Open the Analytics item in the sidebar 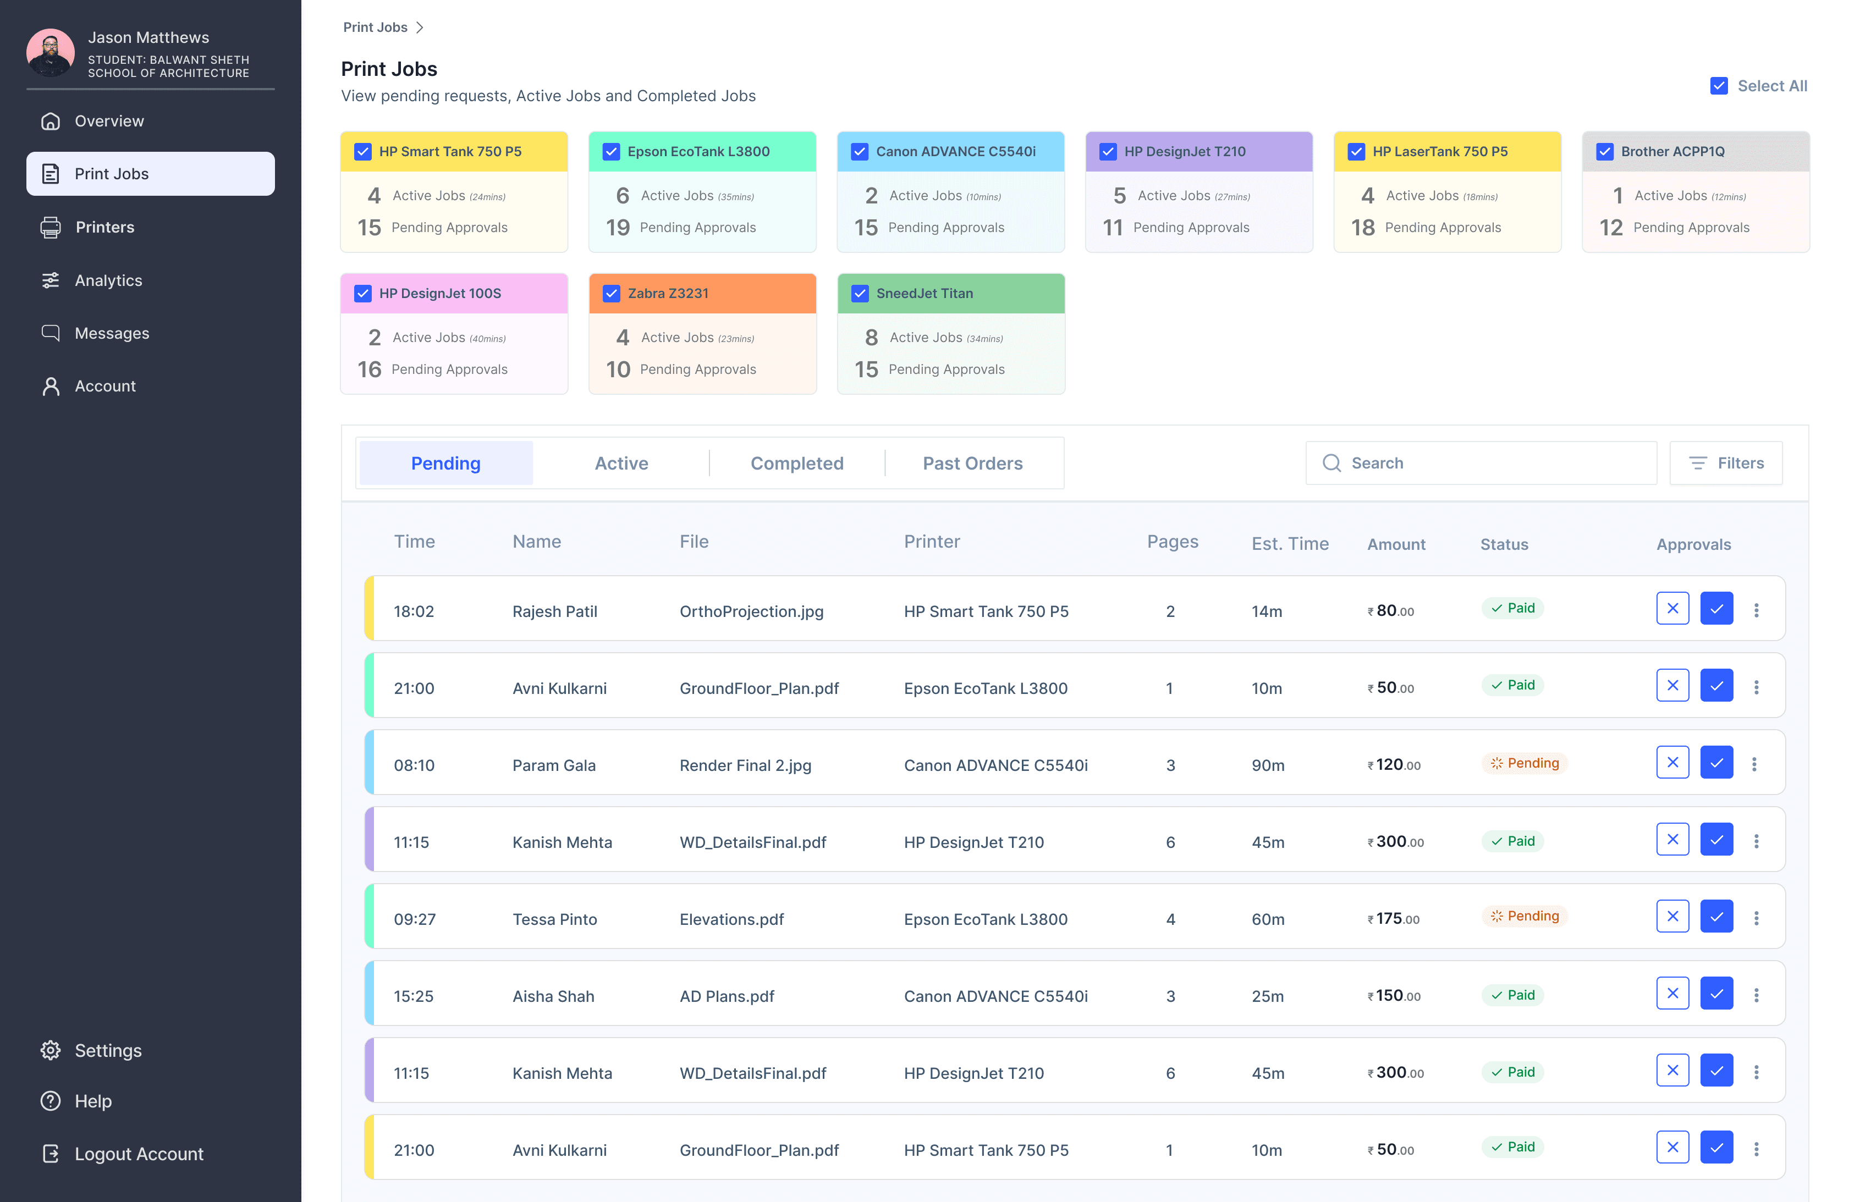108,280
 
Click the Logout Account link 138,1153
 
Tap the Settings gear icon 51,1050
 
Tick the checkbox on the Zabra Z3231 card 612,293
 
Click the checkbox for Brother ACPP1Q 1605,152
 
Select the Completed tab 796,463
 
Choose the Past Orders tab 973,463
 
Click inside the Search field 1481,463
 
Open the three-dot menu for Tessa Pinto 1756,918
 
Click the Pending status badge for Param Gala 1525,763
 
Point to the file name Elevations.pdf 731,919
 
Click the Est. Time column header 1290,544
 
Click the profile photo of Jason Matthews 51,53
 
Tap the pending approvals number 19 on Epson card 618,228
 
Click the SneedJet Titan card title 924,293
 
